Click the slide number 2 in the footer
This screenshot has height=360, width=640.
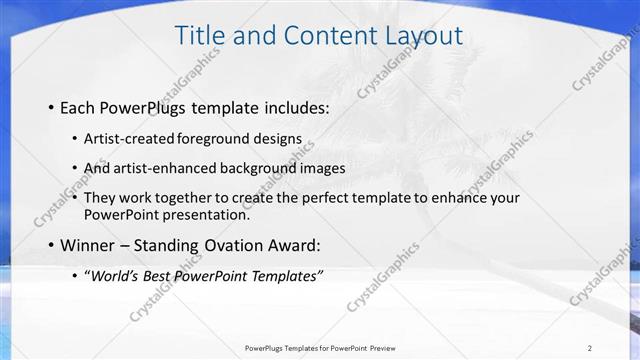tap(590, 347)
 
